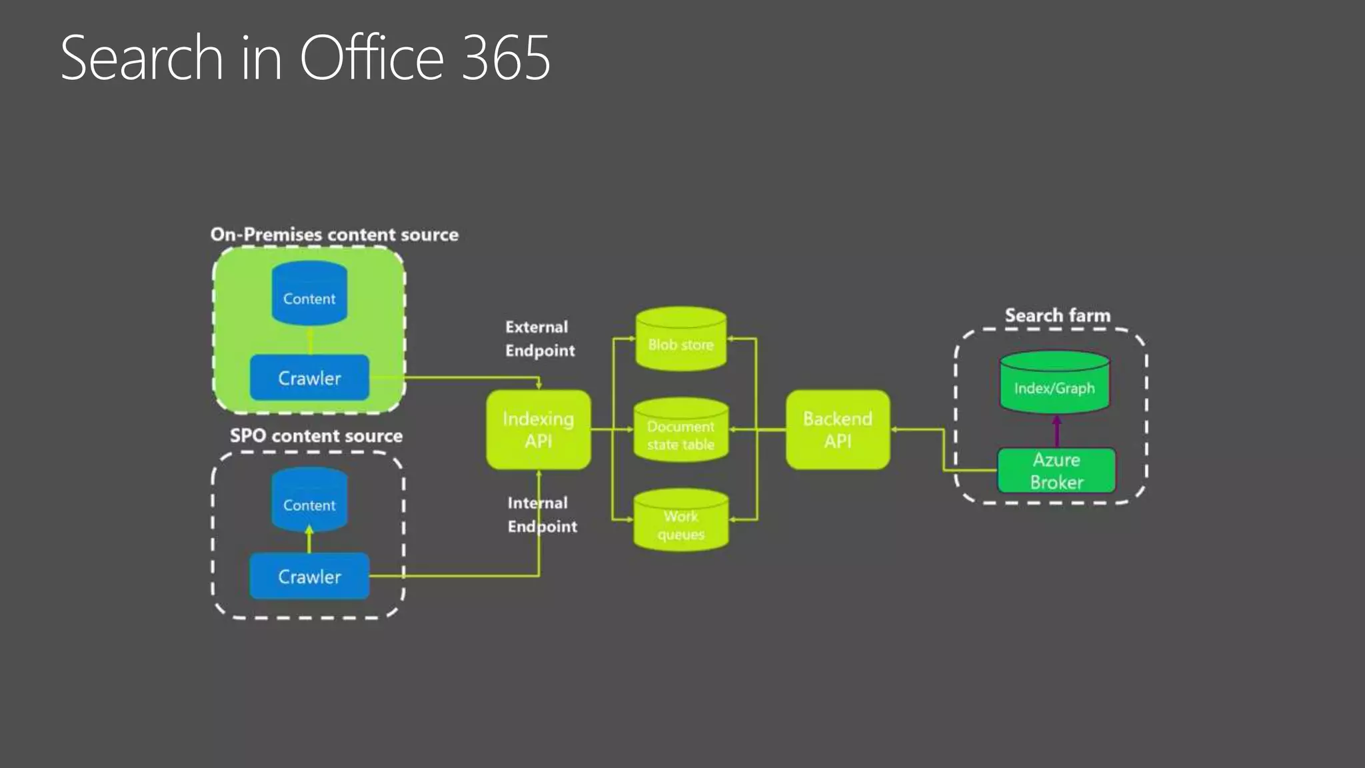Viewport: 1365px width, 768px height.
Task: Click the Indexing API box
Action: [538, 429]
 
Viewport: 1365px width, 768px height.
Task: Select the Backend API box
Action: [837, 429]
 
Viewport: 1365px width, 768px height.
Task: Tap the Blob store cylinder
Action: [681, 340]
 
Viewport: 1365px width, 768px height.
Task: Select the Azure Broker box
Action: [1056, 471]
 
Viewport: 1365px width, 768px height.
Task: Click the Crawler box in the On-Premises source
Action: [309, 378]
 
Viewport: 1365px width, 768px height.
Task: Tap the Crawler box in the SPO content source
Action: [309, 576]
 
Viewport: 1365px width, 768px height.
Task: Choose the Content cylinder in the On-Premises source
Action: [309, 295]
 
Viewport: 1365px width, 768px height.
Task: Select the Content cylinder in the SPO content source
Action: [309, 501]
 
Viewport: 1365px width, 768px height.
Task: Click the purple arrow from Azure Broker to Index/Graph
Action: [1056, 431]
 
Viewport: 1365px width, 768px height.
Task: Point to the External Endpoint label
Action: [539, 339]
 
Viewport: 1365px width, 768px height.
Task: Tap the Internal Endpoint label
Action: [541, 515]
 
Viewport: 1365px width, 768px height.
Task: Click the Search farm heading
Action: [1057, 315]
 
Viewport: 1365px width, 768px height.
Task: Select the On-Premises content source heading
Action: [334, 235]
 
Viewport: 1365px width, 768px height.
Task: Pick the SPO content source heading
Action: [316, 436]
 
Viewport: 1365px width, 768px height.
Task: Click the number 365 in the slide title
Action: [506, 59]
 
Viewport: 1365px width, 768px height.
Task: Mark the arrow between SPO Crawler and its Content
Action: [309, 539]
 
